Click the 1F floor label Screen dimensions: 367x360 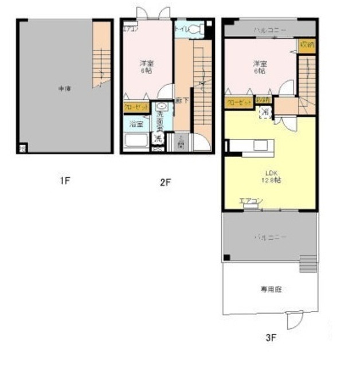(65, 181)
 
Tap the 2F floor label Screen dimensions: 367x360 (166, 183)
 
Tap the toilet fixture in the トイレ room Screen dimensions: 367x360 (194, 29)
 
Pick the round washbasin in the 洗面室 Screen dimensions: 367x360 (161, 107)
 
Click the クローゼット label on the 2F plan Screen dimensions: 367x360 (136, 107)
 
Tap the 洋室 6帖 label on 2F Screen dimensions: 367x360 (146, 67)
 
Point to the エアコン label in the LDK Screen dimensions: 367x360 (251, 201)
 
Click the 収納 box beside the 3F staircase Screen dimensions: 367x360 (307, 45)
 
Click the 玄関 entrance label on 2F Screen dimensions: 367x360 (181, 140)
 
